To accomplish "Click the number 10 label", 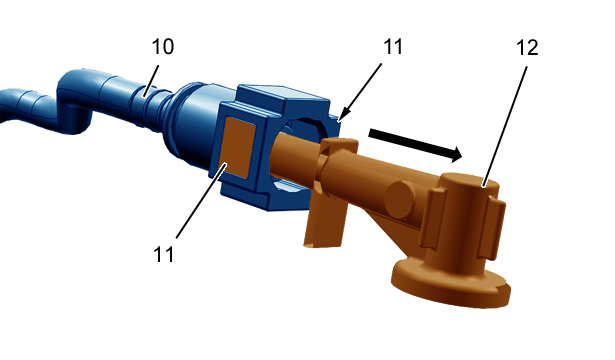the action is pyautogui.click(x=162, y=47).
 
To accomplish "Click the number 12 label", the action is pyautogui.click(x=527, y=48).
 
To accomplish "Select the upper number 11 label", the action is pyautogui.click(x=393, y=47).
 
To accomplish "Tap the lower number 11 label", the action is pyautogui.click(x=164, y=254).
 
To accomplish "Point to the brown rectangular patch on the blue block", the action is pyautogui.click(x=238, y=148).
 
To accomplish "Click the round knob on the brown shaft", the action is pyautogui.click(x=400, y=198).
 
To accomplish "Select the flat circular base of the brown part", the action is pyautogui.click(x=451, y=281).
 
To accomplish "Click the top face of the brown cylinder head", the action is pyautogui.click(x=469, y=181).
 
